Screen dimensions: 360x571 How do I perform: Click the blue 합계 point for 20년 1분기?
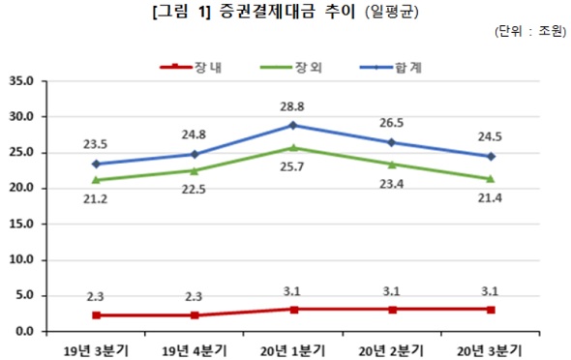point(292,125)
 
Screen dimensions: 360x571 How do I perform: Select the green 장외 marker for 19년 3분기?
point(95,179)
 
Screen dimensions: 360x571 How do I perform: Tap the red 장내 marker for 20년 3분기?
point(491,309)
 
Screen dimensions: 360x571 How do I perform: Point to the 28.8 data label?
point(292,104)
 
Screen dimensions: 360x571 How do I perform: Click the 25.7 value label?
point(292,167)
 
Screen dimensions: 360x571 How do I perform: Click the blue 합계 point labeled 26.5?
point(392,142)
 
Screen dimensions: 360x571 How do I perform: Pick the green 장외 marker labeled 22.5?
point(194,170)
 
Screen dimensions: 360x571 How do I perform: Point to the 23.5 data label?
point(95,142)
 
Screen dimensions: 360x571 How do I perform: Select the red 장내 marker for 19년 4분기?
point(194,315)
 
